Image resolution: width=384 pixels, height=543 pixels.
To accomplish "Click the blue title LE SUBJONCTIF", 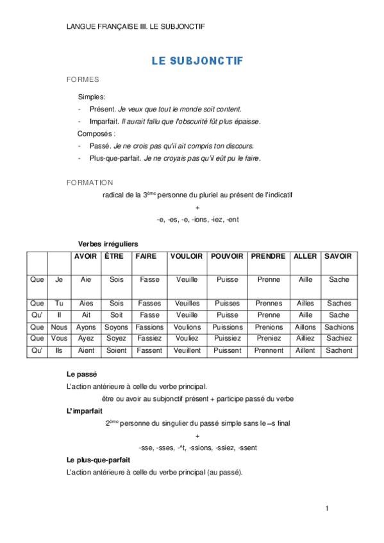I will [197, 61].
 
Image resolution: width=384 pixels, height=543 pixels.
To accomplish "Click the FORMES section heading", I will [82, 80].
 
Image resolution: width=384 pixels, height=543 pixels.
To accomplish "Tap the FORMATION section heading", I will [90, 182].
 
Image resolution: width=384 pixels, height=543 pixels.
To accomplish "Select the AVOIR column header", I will [86, 256].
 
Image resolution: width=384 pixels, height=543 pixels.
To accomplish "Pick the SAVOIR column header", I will [338, 256].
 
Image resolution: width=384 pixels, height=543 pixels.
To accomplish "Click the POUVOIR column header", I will [227, 256].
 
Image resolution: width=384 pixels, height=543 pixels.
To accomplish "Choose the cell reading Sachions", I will [339, 327].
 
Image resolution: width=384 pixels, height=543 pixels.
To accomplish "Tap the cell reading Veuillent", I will [187, 351].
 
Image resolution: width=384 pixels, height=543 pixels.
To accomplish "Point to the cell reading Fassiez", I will [149, 339].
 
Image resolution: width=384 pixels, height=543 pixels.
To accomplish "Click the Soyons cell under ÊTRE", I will [117, 327].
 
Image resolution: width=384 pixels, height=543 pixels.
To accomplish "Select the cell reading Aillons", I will [305, 327].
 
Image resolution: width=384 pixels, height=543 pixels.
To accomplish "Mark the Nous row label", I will [59, 327].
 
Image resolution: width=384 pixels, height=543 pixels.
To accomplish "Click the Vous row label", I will [59, 339].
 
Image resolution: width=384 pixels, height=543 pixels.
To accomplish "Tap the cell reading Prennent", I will [268, 351].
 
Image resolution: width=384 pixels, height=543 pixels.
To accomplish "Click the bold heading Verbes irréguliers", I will [108, 244].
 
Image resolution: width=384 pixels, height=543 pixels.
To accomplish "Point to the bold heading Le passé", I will [81, 373].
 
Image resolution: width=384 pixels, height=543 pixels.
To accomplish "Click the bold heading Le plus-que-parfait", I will [98, 460].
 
